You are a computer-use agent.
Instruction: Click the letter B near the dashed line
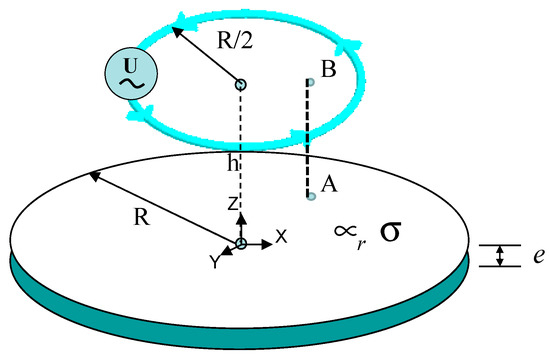[329, 69]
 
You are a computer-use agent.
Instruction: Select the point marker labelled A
[311, 195]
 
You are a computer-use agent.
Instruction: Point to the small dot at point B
[309, 83]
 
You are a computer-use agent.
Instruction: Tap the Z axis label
[232, 203]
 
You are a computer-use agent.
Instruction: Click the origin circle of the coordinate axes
[241, 244]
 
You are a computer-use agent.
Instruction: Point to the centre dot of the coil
[240, 84]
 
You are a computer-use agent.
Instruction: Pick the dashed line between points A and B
[309, 140]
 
